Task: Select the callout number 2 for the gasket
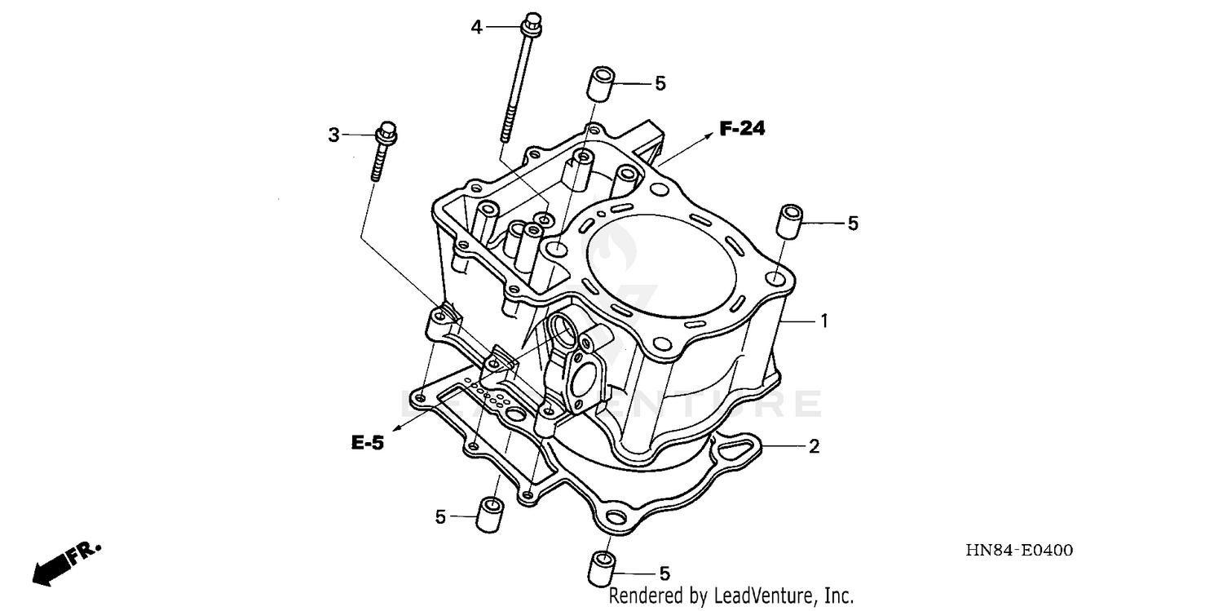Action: (x=814, y=446)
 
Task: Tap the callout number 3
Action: (x=333, y=135)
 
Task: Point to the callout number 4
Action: (x=477, y=28)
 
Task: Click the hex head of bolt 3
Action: (x=386, y=131)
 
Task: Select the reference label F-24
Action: (x=741, y=128)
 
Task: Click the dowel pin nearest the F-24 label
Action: (x=599, y=86)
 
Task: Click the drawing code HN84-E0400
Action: (x=1020, y=551)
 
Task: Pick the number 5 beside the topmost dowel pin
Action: (x=660, y=83)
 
